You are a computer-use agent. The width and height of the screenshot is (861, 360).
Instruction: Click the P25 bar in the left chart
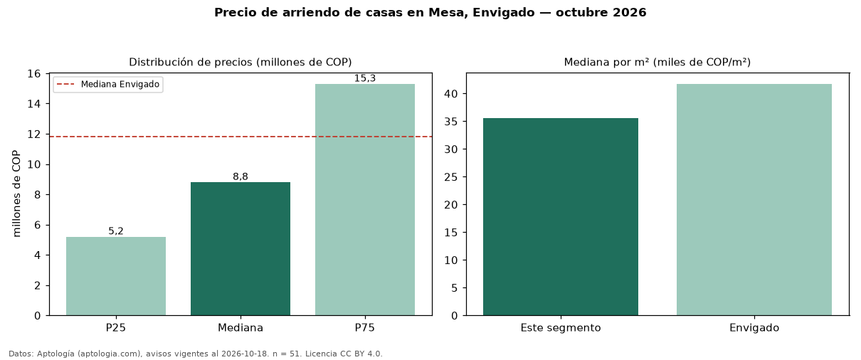point(116,276)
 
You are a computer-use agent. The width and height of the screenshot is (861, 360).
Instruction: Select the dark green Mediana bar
point(241,248)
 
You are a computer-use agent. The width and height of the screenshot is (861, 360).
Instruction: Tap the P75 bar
point(365,199)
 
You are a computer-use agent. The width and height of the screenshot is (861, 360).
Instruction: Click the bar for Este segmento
point(561,217)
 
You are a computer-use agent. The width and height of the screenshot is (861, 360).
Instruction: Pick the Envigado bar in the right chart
point(754,199)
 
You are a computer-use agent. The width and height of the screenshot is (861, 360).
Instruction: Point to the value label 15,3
point(365,78)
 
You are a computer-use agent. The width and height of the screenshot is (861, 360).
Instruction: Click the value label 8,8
point(241,176)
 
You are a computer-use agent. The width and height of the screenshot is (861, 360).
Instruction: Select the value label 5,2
point(116,231)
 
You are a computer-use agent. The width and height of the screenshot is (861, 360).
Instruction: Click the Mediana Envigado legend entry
point(108,84)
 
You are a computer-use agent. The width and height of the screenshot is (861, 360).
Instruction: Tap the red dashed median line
point(241,137)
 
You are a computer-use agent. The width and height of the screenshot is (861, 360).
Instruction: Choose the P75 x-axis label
point(365,328)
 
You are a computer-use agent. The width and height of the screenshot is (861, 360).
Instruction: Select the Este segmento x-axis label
point(561,328)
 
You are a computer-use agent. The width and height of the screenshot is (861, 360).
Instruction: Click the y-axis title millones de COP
point(16,194)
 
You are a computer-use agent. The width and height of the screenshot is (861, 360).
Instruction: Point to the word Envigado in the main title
point(503,12)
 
